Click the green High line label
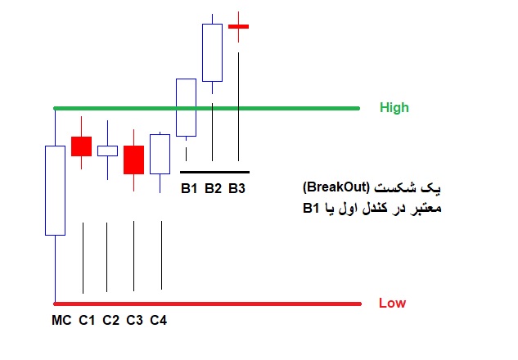(394, 108)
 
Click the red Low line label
(392, 303)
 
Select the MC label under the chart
(61, 320)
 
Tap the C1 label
(87, 320)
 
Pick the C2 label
(110, 320)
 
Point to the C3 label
(134, 320)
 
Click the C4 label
(158, 320)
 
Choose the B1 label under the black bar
(189, 188)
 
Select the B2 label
(213, 188)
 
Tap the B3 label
(236, 188)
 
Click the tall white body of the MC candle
(55, 191)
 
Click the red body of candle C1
(81, 146)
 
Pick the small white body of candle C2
(107, 151)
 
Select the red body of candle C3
(133, 160)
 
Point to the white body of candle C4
(160, 154)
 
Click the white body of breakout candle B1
(186, 107)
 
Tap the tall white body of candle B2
(213, 52)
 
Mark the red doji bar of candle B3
(238, 26)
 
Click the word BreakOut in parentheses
(336, 187)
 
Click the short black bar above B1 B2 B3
(214, 172)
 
